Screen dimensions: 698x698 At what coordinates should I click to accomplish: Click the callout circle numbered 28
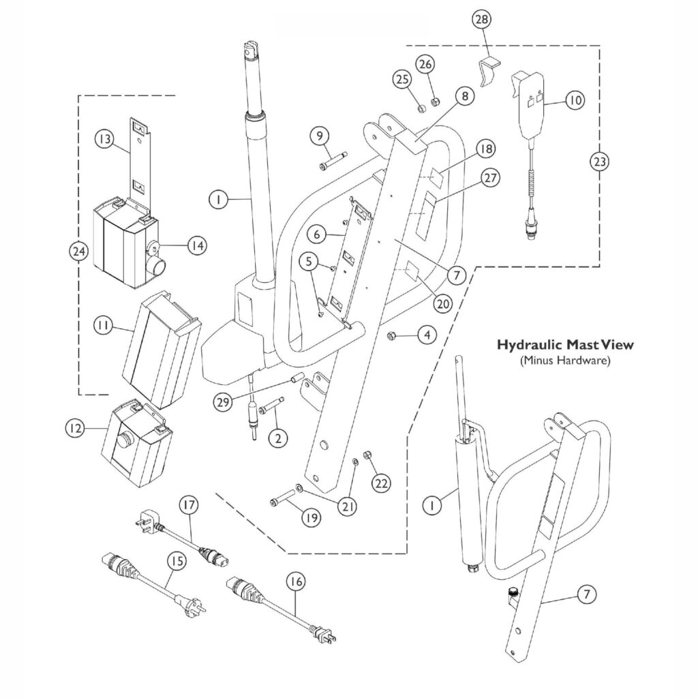click(481, 20)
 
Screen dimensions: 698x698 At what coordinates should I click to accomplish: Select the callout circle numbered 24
click(79, 252)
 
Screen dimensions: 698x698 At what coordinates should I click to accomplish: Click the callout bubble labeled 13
click(104, 139)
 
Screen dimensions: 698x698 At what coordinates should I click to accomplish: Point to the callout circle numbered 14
click(197, 245)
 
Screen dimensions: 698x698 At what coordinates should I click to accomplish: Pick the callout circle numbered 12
click(74, 429)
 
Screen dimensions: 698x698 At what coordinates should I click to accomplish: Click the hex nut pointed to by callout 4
click(394, 335)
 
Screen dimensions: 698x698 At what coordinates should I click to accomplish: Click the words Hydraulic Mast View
click(564, 345)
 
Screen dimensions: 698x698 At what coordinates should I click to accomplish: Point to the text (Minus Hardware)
click(564, 361)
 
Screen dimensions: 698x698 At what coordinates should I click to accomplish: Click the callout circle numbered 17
click(189, 506)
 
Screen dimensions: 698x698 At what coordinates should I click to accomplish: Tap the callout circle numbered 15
click(177, 561)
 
